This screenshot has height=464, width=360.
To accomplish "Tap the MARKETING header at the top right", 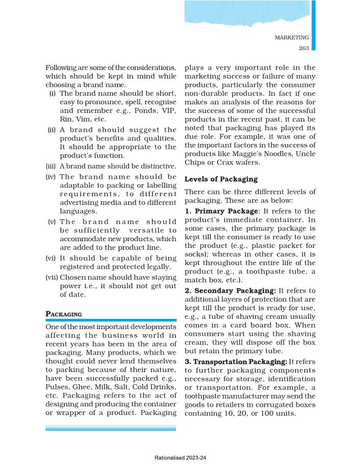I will [291, 37].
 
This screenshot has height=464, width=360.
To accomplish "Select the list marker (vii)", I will [52, 277].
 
